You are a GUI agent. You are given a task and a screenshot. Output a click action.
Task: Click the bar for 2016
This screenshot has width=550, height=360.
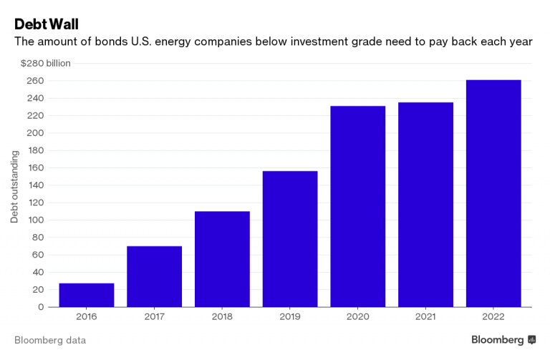pos(87,295)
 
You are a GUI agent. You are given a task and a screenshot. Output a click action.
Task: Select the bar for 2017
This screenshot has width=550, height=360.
pos(155,276)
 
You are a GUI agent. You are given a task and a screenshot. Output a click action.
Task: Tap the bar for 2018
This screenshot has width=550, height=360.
pos(222,259)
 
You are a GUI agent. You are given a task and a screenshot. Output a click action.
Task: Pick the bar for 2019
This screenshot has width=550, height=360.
pos(290,239)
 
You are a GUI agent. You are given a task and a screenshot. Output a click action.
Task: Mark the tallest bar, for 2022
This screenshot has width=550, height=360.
pos(493,193)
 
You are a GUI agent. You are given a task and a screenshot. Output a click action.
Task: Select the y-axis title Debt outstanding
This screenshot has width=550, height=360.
pos(14,186)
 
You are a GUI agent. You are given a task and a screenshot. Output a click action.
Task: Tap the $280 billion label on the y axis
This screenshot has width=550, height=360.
pos(46,63)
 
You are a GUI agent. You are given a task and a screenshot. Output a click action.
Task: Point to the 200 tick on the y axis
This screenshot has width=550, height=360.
pos(36,133)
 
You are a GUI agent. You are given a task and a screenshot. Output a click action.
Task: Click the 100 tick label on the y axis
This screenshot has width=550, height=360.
pos(36,220)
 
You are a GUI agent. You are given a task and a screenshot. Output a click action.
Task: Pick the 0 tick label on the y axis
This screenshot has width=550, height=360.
pos(41,307)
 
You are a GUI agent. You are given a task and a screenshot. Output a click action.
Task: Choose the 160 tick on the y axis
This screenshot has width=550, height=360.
pos(36,167)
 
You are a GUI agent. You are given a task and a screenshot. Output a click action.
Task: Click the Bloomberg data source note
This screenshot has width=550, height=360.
pos(50,340)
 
